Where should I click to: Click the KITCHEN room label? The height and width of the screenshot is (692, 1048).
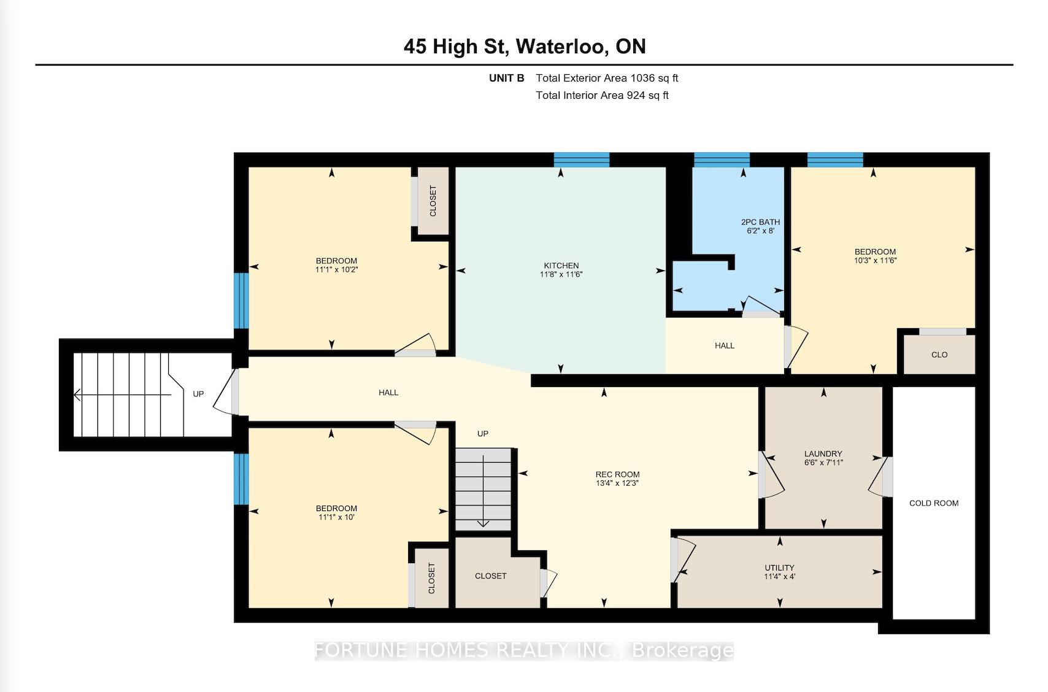click(x=561, y=265)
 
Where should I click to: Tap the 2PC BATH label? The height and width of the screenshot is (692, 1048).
click(x=760, y=222)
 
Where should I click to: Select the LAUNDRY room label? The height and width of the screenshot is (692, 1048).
click(x=823, y=453)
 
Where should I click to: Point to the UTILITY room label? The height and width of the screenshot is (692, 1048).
click(x=779, y=567)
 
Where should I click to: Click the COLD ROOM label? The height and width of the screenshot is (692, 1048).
click(x=934, y=503)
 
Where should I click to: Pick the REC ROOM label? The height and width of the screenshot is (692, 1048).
click(x=617, y=474)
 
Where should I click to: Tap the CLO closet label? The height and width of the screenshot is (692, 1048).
click(x=939, y=355)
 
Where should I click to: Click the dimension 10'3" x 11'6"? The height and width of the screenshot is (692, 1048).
click(x=875, y=261)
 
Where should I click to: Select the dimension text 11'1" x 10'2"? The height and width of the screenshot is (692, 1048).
click(x=336, y=269)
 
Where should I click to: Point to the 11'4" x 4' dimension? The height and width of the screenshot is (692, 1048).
click(x=779, y=577)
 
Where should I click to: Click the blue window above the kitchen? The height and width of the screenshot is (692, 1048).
click(x=582, y=160)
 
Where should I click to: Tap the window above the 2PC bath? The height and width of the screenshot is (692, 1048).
click(x=722, y=160)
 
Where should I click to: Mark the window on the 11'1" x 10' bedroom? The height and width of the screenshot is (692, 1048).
click(x=241, y=479)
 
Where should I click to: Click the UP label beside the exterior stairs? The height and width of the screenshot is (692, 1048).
click(x=198, y=394)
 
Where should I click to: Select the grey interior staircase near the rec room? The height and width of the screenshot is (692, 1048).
click(x=484, y=490)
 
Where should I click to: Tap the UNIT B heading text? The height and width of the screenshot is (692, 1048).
click(x=507, y=78)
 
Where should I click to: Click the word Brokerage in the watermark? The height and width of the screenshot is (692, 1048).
click(x=682, y=650)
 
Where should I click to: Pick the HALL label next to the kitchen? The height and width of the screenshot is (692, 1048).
click(x=724, y=345)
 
